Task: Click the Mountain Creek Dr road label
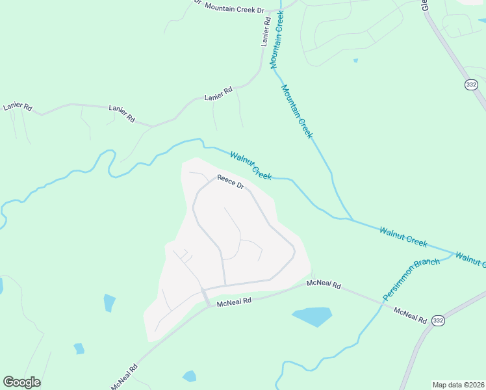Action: click(235, 8)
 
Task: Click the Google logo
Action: click(21, 382)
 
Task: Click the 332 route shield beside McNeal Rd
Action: click(439, 320)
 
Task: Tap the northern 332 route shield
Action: click(471, 84)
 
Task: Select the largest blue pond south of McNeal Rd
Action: click(312, 317)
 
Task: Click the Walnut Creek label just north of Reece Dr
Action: click(250, 165)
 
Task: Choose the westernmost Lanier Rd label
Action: click(18, 106)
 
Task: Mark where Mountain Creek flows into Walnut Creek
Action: click(352, 219)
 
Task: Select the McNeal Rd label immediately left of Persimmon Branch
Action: click(324, 284)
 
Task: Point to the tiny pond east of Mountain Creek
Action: click(355, 61)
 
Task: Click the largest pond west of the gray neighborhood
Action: click(109, 302)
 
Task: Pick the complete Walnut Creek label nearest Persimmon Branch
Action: click(403, 236)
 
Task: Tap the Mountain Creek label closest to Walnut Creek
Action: click(297, 110)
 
